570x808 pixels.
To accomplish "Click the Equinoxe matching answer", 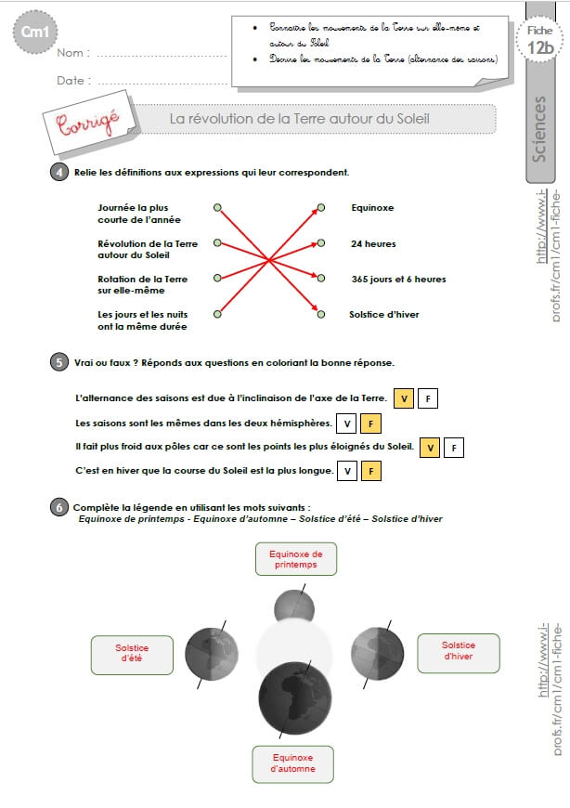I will coord(372,208).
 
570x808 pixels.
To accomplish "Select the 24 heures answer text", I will coord(373,243).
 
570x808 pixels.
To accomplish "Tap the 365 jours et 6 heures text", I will coord(398,279).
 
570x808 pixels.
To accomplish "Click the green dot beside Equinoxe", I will coord(321,208).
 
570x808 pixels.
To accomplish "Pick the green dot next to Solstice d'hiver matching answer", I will coord(321,314).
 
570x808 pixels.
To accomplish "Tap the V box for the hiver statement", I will coord(345,472).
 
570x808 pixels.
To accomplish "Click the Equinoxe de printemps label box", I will coord(294,559).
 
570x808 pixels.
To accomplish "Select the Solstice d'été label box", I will coord(132,654).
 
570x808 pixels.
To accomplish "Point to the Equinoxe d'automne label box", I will coord(292,762).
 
